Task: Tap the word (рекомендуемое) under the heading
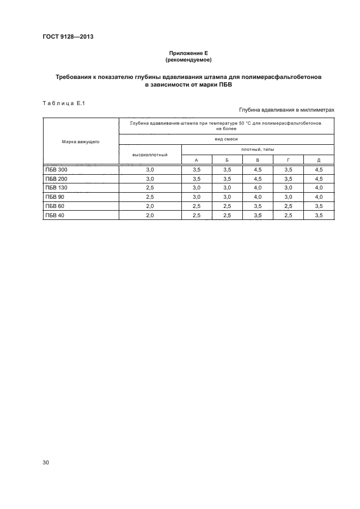pos(188,59)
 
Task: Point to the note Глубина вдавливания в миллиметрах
pos(286,110)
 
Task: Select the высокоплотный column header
pos(150,154)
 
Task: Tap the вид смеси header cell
pos(226,139)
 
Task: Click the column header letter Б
pos(227,160)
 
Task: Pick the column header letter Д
pos(318,160)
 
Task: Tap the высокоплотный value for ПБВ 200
pos(150,179)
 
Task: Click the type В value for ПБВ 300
pos(258,170)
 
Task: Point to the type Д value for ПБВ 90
pos(318,197)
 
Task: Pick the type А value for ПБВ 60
pos(196,206)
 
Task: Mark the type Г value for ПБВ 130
pos(288,188)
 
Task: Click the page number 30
pos(46,463)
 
